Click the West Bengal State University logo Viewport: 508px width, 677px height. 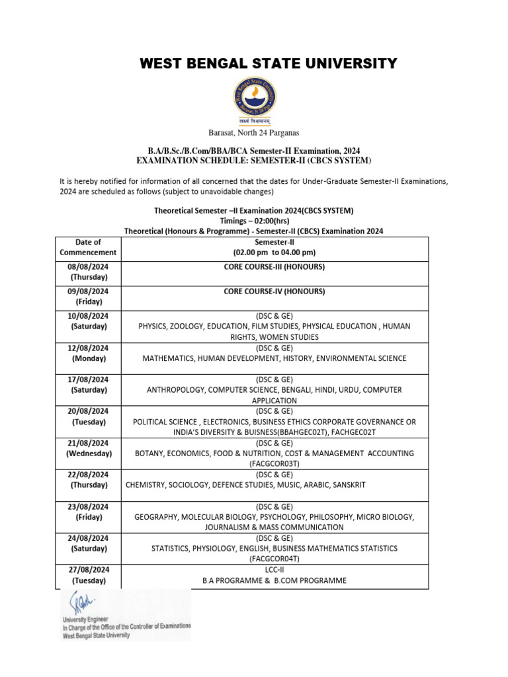[x=254, y=100]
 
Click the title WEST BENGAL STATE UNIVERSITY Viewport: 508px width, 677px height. [x=269, y=63]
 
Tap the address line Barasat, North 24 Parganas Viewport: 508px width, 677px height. [x=254, y=133]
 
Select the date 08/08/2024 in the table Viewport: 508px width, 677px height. [x=88, y=267]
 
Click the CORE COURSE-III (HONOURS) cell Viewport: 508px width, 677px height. [x=274, y=267]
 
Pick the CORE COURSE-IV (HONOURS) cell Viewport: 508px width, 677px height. [x=274, y=291]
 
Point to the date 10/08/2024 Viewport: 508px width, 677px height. [x=88, y=316]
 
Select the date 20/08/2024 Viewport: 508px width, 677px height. [x=88, y=411]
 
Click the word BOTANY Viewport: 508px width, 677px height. [x=149, y=454]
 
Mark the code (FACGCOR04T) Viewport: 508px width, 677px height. [x=274, y=559]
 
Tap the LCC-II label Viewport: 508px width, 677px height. [x=274, y=569]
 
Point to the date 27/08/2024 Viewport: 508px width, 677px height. [x=88, y=569]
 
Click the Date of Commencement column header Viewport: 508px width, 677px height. [x=88, y=247]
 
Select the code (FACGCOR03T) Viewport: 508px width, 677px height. [x=274, y=464]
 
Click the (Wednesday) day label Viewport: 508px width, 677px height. [x=88, y=454]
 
